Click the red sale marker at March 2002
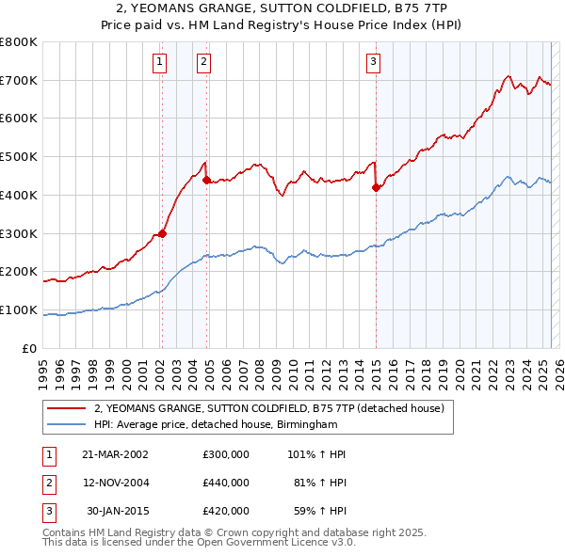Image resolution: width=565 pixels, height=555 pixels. (x=162, y=233)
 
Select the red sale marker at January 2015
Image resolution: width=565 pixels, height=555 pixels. (x=376, y=187)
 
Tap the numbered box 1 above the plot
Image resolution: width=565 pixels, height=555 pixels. (x=160, y=63)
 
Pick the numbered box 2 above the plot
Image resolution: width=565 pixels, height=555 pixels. (x=204, y=63)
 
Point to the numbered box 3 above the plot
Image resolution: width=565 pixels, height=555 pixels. (x=374, y=63)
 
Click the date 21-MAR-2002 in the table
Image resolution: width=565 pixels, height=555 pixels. (x=115, y=453)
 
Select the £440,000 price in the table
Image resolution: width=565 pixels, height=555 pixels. (x=226, y=483)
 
